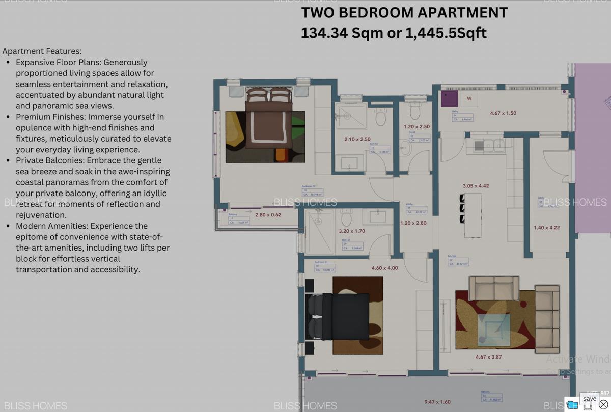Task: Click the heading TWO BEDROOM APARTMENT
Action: (404, 13)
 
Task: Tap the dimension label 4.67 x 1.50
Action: (503, 113)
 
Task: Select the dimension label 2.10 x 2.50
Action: (357, 139)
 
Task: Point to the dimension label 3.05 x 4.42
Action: (476, 186)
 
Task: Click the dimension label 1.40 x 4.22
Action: (546, 228)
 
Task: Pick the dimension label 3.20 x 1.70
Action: (351, 231)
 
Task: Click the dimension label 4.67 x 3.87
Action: (488, 357)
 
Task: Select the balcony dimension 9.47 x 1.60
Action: (437, 402)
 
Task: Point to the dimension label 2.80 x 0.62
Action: (268, 215)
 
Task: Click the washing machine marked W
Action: (469, 98)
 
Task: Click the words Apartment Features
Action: (42, 51)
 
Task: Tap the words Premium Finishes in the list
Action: (49, 117)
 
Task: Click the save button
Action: (590, 398)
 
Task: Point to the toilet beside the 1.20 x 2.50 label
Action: (415, 111)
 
